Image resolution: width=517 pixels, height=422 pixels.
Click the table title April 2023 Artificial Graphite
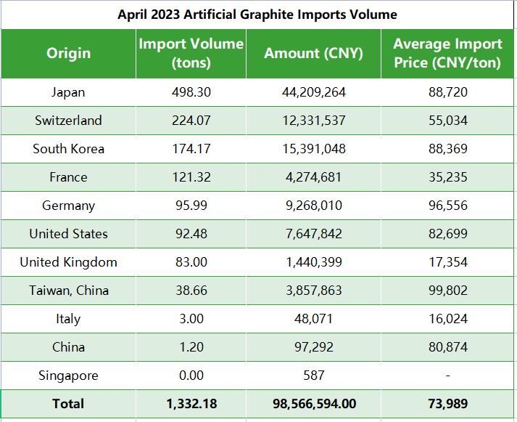[x=257, y=15]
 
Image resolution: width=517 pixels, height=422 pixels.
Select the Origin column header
[x=68, y=53]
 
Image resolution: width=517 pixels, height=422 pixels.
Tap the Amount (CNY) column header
[x=313, y=53]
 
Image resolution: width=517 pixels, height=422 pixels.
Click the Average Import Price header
[x=447, y=53]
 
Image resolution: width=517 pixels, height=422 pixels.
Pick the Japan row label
[x=68, y=92]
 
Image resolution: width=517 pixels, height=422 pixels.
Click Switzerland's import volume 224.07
[x=191, y=121]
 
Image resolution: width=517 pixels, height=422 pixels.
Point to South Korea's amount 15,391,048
[x=313, y=149]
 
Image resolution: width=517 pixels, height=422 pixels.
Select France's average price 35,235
[x=447, y=177]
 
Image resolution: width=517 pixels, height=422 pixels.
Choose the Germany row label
[x=68, y=206]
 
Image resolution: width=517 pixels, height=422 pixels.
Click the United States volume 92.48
[x=191, y=234]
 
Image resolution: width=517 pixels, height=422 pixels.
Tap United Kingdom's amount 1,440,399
[x=313, y=262]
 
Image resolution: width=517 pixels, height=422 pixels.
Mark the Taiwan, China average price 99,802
[x=447, y=291]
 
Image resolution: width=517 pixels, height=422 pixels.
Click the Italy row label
[x=68, y=319]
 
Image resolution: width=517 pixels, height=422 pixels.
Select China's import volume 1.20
[x=191, y=347]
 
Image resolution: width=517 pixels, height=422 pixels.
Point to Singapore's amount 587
[x=313, y=376]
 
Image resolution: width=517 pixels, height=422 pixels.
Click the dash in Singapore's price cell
[x=447, y=376]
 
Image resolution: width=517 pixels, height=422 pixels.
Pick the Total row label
[x=68, y=404]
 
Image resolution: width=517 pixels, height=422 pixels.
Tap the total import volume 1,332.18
[x=191, y=404]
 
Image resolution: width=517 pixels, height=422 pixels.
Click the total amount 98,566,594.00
[x=313, y=404]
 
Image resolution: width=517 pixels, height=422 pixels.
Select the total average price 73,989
[x=447, y=404]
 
